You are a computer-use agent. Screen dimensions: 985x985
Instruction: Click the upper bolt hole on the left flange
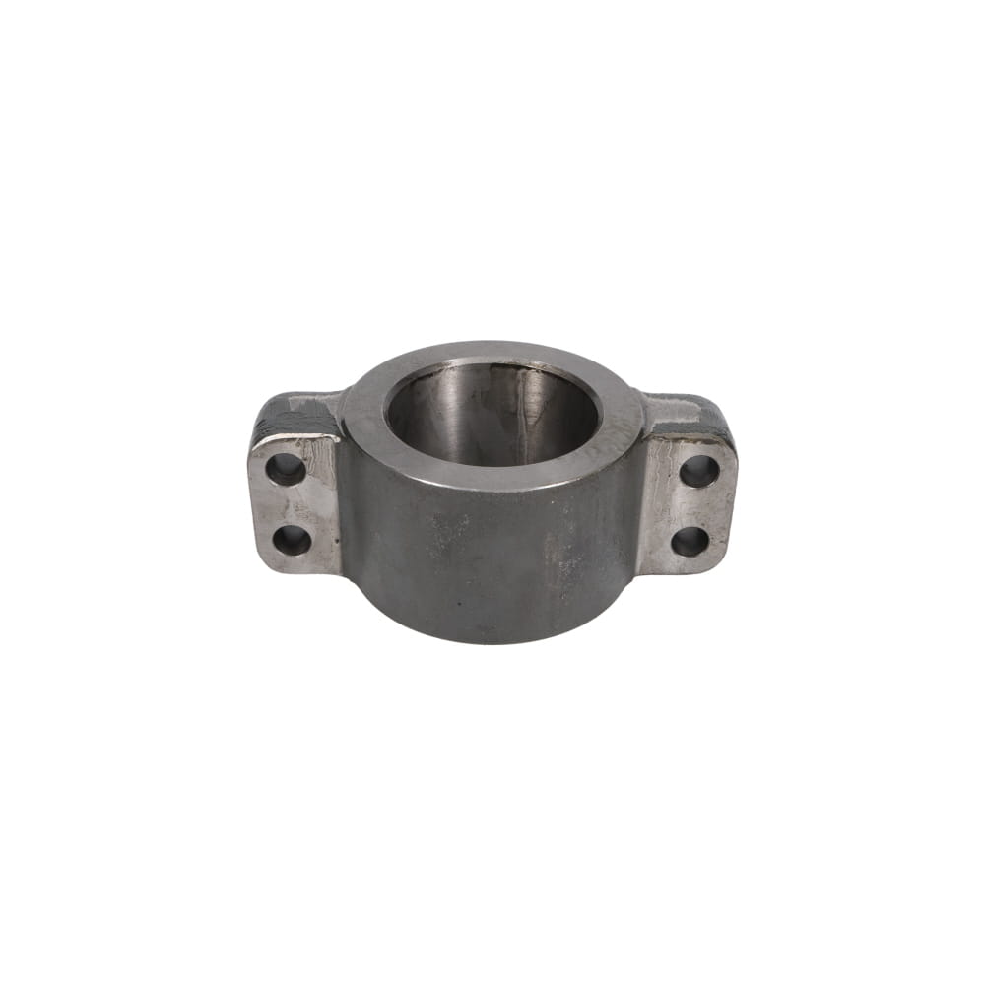coord(286,468)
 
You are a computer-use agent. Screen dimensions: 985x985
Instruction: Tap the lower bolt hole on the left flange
coord(292,539)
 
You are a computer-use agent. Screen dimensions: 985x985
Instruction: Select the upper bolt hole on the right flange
coord(699,470)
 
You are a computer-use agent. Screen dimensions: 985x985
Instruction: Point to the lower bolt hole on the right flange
coord(690,541)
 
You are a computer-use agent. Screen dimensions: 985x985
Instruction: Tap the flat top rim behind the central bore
coord(492,353)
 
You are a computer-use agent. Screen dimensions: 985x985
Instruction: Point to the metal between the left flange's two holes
coord(289,504)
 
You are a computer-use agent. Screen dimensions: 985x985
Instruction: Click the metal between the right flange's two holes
coord(695,505)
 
